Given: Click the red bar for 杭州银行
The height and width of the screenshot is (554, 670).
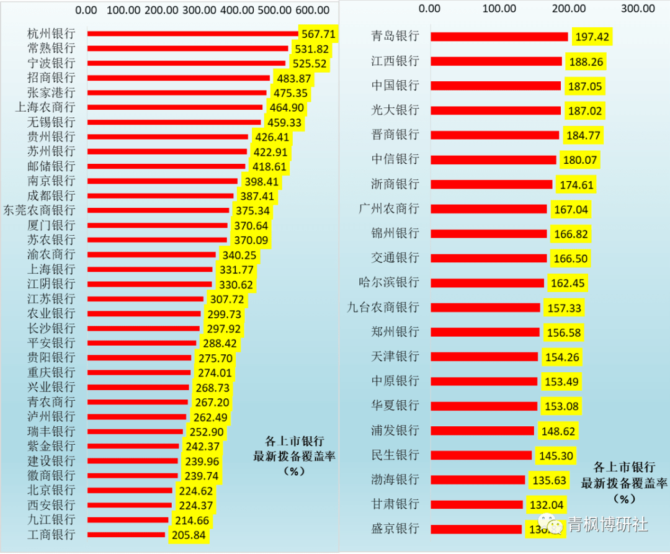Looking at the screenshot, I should tap(192, 34).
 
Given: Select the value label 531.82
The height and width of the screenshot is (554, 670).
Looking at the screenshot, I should tap(311, 48).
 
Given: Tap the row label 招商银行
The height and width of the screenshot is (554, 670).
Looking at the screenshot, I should tap(51, 78).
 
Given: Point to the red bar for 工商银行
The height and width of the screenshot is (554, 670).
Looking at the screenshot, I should tap(126, 535).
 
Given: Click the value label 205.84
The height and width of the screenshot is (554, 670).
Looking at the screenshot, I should tap(188, 535).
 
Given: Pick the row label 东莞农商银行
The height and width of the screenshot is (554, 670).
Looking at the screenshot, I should tap(39, 210).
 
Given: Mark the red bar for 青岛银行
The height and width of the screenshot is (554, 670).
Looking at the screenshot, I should tap(499, 37).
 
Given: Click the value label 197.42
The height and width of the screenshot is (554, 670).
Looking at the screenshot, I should tap(592, 37).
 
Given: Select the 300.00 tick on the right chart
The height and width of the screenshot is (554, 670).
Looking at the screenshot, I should tap(638, 9).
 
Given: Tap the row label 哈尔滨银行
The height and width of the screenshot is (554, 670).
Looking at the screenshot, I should tap(389, 282).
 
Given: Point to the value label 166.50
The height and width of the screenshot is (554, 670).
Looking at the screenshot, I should tap(568, 258).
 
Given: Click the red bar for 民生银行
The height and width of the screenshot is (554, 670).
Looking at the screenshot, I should tap(481, 455).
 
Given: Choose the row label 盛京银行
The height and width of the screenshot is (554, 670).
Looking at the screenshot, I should tap(395, 529).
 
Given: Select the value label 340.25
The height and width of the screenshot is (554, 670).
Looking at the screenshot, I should tap(238, 255).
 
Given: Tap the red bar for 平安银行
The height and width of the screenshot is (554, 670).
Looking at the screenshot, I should tap(141, 343).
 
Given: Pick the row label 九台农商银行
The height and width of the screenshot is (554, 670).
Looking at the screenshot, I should tap(383, 307).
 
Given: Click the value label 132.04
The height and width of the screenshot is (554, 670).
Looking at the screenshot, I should tap(545, 504).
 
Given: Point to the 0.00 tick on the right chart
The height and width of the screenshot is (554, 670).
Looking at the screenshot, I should tap(429, 9).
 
